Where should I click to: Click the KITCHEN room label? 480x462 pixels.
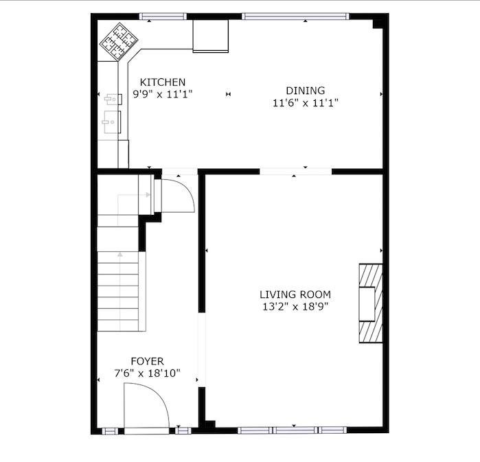tap(163, 82)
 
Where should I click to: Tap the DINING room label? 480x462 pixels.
tap(305, 91)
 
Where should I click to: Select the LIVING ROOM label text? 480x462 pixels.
tap(295, 294)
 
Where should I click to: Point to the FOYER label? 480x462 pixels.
tap(147, 361)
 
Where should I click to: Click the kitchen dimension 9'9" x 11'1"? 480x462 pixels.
tap(163, 94)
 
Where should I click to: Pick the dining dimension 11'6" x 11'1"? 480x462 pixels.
tap(305, 102)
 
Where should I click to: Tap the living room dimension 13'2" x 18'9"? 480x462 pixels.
tap(295, 306)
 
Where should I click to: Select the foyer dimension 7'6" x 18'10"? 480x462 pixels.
tap(147, 373)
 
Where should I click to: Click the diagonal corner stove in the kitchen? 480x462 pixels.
tap(119, 42)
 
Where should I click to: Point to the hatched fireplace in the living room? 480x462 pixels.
tap(371, 303)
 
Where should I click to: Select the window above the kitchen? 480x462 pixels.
tap(163, 16)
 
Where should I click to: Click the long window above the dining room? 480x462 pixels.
tap(295, 16)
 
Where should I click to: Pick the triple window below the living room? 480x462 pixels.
tap(293, 430)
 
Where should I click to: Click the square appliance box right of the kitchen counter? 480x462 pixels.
tap(211, 36)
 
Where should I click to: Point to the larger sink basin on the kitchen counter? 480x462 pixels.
tap(111, 122)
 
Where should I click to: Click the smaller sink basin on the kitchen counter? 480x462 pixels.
tap(113, 99)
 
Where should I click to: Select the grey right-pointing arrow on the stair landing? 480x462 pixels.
tap(133, 194)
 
